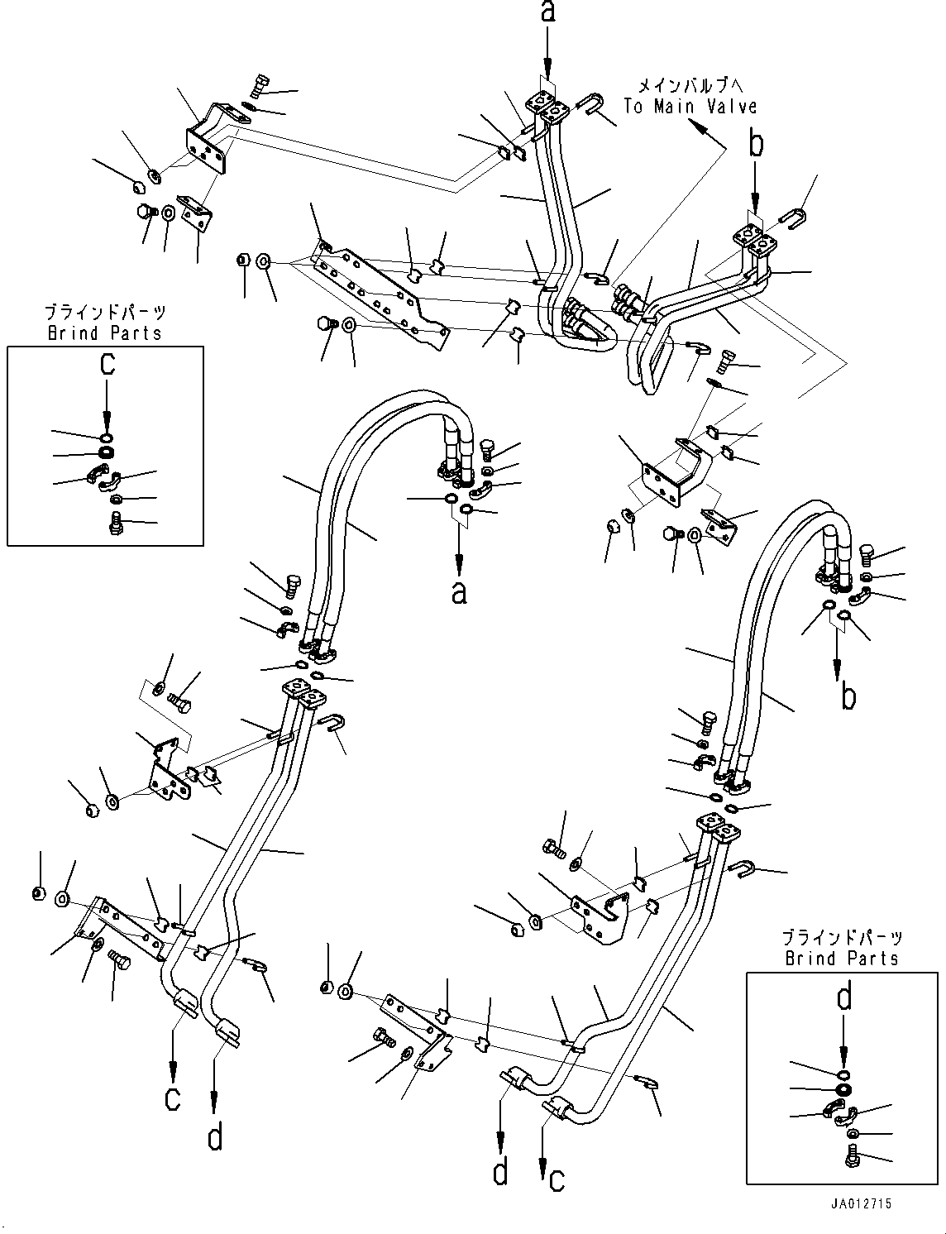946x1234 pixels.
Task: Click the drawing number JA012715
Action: click(x=863, y=1205)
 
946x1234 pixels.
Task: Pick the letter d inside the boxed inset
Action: click(x=843, y=999)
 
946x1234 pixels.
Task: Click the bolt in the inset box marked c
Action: click(x=116, y=523)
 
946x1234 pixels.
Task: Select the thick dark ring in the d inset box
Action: click(x=843, y=1089)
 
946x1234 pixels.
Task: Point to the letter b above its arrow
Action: click(x=756, y=146)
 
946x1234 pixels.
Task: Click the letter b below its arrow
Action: click(x=848, y=696)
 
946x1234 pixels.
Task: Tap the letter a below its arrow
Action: click(x=459, y=592)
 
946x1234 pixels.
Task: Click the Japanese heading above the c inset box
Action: click(x=104, y=313)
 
